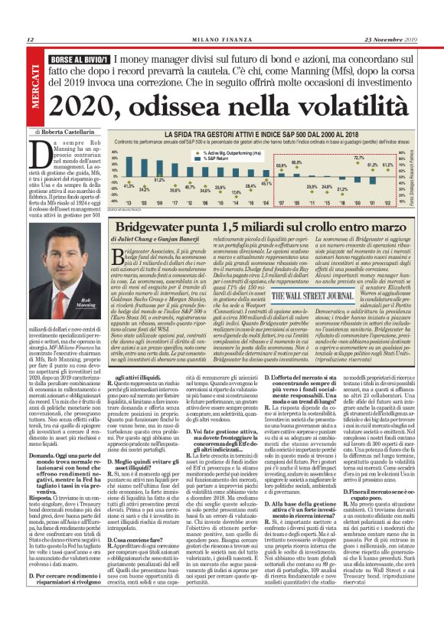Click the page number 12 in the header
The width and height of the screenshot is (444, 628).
30,41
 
